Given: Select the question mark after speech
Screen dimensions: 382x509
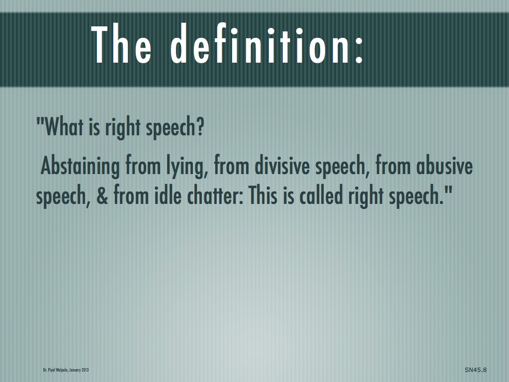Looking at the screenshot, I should pyautogui.click(x=200, y=128).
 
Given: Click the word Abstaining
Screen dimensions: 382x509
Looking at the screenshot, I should pyautogui.click(x=80, y=167).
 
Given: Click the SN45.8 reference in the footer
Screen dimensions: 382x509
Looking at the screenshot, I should pyautogui.click(x=475, y=370).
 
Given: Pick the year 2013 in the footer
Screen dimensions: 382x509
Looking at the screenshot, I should pyautogui.click(x=85, y=370).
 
